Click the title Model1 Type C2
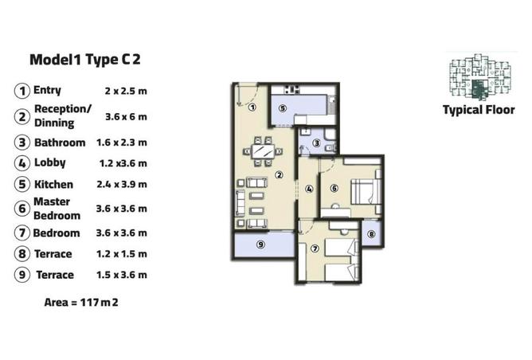click(x=85, y=60)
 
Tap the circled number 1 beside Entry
click(x=22, y=91)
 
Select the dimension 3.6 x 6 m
click(x=126, y=117)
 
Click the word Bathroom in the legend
click(x=60, y=143)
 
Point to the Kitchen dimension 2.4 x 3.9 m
click(x=122, y=184)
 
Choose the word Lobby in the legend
click(x=50, y=162)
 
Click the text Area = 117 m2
click(x=81, y=302)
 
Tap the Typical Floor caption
click(x=479, y=110)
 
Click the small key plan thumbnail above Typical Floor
click(x=479, y=76)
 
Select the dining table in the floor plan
click(x=263, y=151)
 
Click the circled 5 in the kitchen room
click(x=282, y=108)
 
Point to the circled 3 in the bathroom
click(x=316, y=143)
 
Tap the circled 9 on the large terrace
click(x=260, y=245)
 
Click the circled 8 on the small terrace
click(x=371, y=234)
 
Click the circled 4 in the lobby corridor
click(x=309, y=189)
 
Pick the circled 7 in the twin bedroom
click(x=315, y=248)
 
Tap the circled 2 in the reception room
click(x=279, y=175)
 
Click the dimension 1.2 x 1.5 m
click(x=122, y=254)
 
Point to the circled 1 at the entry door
click(x=252, y=108)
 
